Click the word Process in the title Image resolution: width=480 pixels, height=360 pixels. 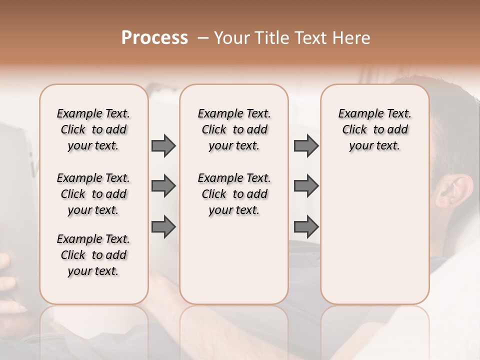(x=154, y=38)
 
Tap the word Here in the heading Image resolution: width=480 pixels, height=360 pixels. (x=350, y=38)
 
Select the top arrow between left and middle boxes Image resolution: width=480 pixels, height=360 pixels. (x=163, y=145)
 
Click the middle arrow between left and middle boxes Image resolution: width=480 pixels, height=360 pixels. (x=163, y=186)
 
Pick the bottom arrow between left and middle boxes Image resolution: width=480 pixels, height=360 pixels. (x=163, y=227)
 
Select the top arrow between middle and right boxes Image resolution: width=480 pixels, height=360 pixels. (x=306, y=145)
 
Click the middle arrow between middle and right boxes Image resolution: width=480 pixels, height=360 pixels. (x=306, y=186)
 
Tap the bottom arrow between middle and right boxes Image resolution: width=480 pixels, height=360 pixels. (x=306, y=227)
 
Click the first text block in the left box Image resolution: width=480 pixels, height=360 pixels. (x=93, y=129)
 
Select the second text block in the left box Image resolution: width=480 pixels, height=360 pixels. (x=93, y=194)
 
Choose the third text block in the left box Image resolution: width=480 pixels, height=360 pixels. (x=93, y=255)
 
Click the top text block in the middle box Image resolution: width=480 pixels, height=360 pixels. (x=234, y=129)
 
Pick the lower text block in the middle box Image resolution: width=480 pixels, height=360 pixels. (x=234, y=194)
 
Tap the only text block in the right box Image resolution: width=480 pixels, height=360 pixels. (x=375, y=129)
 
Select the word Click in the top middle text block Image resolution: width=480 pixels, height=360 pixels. (x=214, y=130)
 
